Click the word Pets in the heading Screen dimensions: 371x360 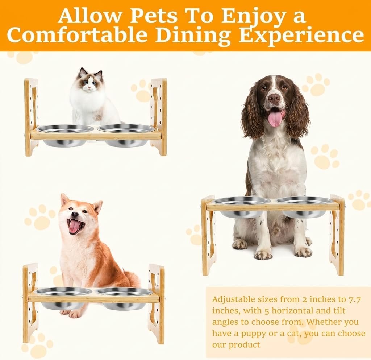tap(154, 16)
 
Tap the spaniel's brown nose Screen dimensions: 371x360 tap(274, 97)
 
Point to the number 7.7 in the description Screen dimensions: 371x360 tap(354, 299)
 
